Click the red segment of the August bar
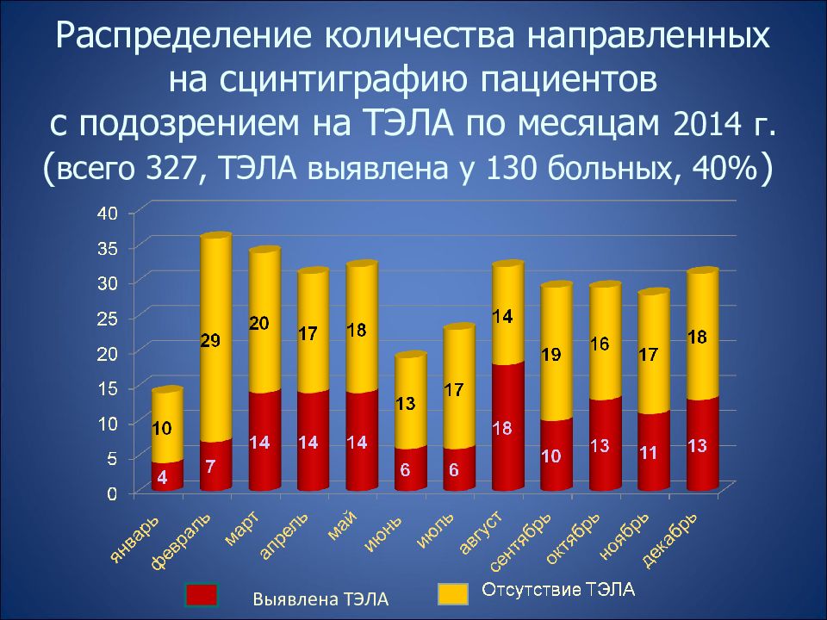[x=508, y=426]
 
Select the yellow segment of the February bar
[x=215, y=338]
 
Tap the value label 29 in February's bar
[x=210, y=341]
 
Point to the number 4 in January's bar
[x=163, y=477]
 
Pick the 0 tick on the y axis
[x=112, y=494]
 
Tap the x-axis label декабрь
[x=670, y=540]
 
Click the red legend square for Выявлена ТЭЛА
[x=201, y=595]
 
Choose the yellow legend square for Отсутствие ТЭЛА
[x=453, y=593]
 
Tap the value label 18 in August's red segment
[x=502, y=428]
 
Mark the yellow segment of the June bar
[x=411, y=400]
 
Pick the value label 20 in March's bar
[x=259, y=323]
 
